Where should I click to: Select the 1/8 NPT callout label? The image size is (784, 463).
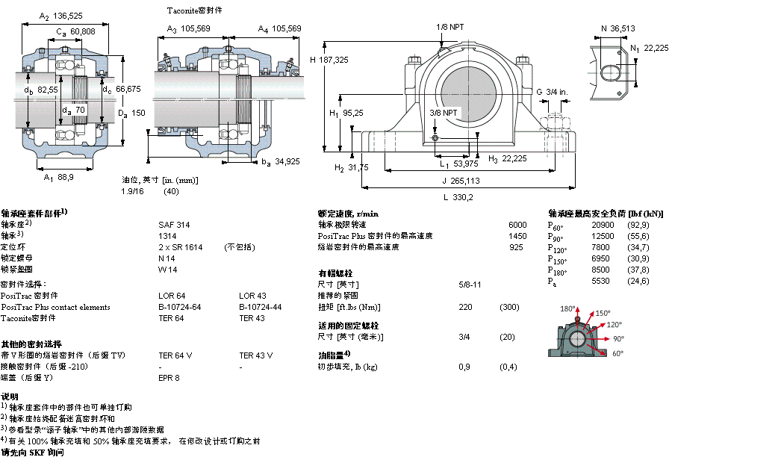coord(449,27)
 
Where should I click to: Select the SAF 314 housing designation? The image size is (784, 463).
coord(174,224)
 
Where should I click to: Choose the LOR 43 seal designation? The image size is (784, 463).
coord(252,296)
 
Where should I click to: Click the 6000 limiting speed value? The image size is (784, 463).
coord(517,224)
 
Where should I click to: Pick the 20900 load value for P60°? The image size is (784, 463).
coord(603,224)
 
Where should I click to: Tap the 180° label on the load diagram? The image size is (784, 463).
coord(569,308)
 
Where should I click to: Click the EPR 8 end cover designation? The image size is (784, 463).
coord(169,378)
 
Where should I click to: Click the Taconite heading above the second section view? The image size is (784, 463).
coord(195,11)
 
